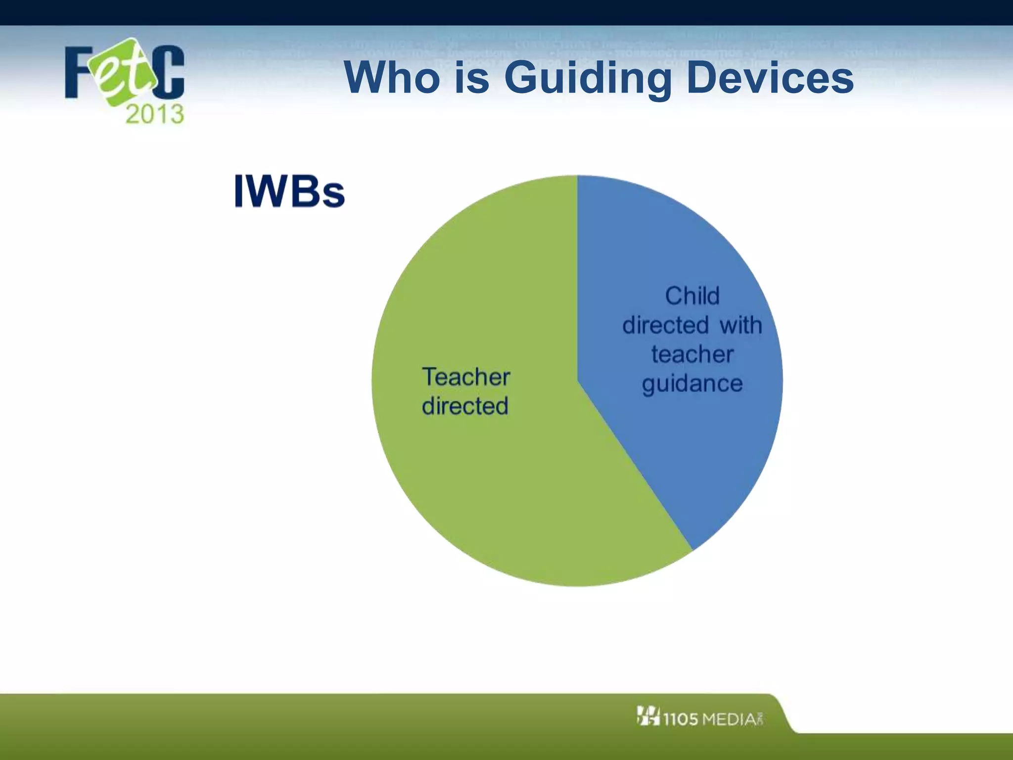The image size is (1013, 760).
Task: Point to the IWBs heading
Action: pos(289,191)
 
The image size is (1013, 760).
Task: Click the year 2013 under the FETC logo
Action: pos(155,114)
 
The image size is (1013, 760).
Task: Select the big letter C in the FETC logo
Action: pos(168,72)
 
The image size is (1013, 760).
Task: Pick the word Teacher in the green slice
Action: pos(465,377)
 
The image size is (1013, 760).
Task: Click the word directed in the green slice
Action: pos(465,406)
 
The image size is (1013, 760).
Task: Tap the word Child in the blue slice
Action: pos(692,296)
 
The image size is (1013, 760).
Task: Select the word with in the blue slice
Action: pos(740,325)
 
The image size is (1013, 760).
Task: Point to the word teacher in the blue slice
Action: pos(692,354)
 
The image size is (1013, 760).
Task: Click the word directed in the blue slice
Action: pos(665,325)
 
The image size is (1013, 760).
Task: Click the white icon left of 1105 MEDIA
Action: pos(648,716)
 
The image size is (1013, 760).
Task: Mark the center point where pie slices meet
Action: pos(577,381)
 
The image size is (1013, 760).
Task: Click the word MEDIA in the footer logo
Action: pos(730,719)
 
